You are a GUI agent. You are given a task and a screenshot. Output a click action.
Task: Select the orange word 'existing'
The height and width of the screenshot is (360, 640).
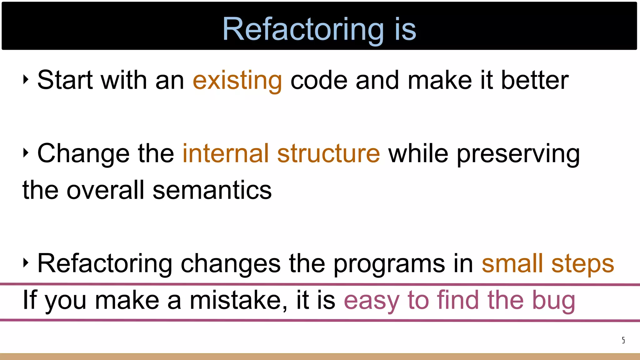237,80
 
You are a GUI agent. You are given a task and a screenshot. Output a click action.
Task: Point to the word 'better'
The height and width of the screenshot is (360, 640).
535,80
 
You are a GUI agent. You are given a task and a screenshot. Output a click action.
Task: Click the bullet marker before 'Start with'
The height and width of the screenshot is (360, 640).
26,80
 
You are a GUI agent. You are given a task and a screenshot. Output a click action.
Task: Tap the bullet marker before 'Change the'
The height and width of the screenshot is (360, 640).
26,153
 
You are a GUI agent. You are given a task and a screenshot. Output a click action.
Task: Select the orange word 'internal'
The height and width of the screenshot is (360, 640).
225,153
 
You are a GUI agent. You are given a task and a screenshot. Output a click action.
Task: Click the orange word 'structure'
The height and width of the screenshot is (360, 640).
328,153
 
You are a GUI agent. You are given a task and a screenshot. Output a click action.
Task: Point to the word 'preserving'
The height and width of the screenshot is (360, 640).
518,154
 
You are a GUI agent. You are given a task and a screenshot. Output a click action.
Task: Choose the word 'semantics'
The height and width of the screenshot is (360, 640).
212,190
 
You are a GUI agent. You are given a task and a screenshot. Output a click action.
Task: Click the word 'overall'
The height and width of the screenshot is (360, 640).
105,190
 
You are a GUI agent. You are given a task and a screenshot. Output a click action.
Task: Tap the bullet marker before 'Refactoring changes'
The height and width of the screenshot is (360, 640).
26,263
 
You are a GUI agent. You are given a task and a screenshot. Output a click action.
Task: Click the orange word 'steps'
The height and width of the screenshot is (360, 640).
582,264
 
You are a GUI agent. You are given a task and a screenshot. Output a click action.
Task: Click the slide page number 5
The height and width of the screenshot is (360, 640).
623,340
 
